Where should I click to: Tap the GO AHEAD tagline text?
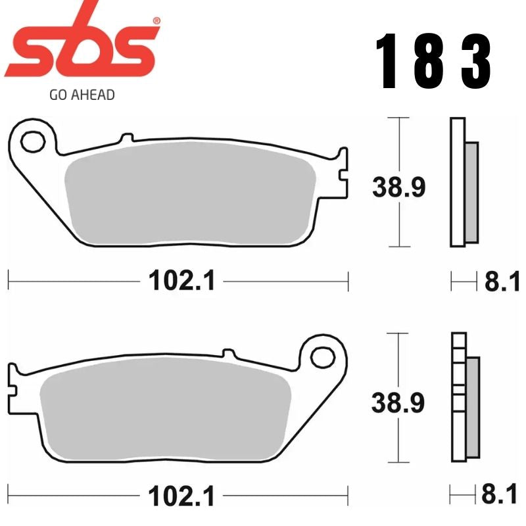pos(82,95)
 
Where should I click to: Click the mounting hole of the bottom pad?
pos(322,357)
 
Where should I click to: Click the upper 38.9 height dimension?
pos(399,187)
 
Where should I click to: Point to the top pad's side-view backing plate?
pos(457,182)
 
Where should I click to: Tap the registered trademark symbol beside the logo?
pos(155,22)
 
